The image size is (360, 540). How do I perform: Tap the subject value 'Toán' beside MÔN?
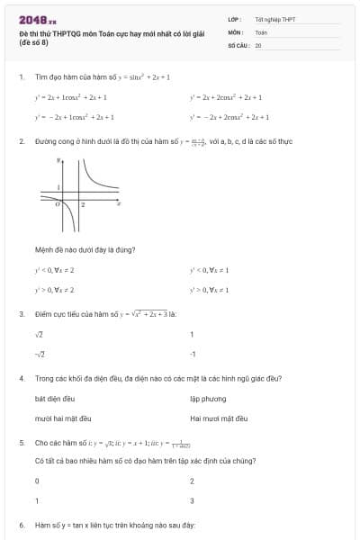261,31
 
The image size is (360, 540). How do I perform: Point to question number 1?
21,76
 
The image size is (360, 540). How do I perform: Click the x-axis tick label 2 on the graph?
83,205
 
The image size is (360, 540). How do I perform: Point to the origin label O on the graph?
58,205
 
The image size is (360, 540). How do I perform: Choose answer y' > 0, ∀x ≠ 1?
209,290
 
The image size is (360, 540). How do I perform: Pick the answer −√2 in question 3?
40,354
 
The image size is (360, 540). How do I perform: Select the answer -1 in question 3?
193,354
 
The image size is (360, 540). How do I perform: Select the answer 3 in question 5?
193,500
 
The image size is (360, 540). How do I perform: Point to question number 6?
21,525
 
